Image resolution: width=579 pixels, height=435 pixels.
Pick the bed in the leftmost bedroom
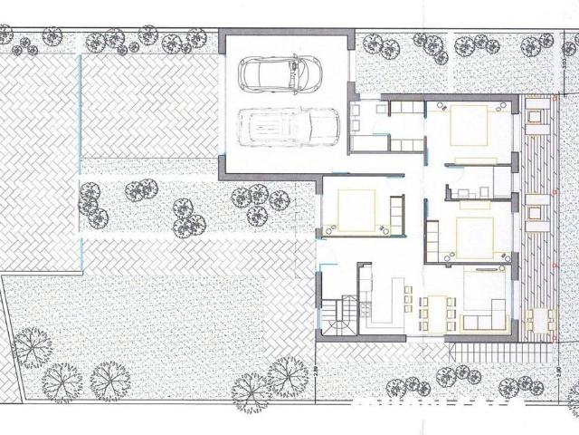[356, 210]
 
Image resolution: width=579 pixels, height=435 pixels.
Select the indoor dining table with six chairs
[438, 312]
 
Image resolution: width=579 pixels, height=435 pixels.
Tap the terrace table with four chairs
[539, 319]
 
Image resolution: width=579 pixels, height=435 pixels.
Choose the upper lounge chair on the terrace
[536, 116]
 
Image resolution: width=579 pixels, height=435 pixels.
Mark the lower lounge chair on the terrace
[536, 212]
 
